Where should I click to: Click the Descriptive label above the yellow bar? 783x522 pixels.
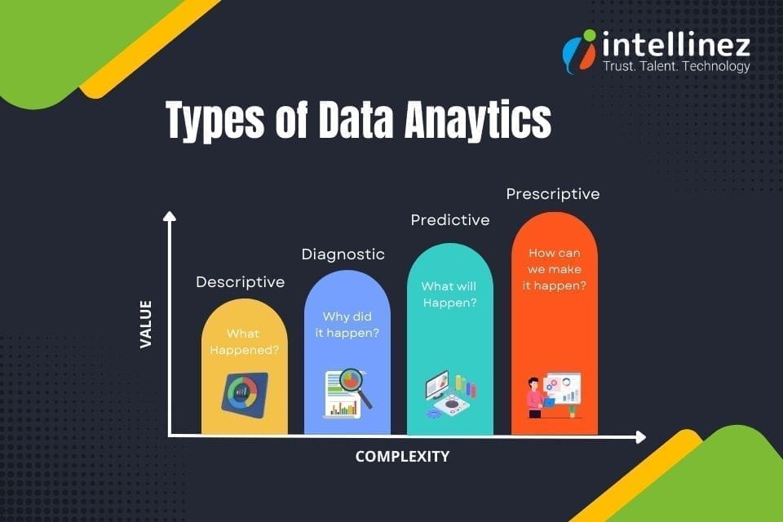click(x=240, y=282)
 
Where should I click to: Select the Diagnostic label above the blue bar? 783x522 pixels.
click(x=343, y=254)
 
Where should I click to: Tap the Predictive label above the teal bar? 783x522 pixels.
click(x=449, y=220)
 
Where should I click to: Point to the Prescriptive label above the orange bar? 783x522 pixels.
click(x=552, y=194)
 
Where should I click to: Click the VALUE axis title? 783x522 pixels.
click(x=146, y=324)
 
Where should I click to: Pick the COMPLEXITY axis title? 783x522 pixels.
click(x=402, y=457)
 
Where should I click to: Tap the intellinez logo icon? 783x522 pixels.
click(x=580, y=50)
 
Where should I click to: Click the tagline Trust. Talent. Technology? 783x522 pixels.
click(x=675, y=67)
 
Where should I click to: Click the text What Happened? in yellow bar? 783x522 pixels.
click(x=243, y=342)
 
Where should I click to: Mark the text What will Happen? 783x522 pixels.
click(x=449, y=294)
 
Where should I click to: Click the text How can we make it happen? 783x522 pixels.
click(x=555, y=269)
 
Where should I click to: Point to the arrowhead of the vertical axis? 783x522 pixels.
click(x=169, y=215)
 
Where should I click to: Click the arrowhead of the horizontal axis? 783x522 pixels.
click(x=640, y=437)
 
